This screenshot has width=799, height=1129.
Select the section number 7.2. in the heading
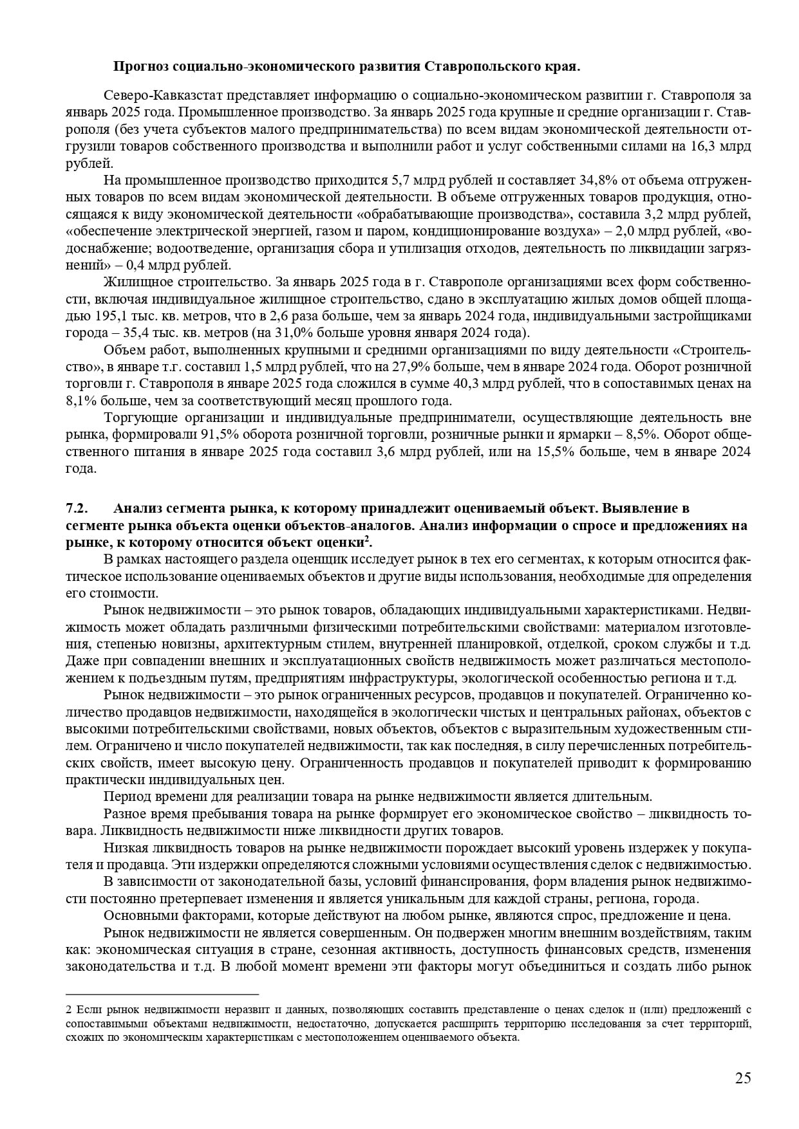pyautogui.click(x=77, y=509)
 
